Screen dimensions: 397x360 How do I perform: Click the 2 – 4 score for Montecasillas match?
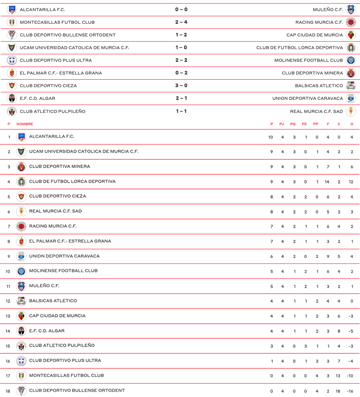(x=181, y=22)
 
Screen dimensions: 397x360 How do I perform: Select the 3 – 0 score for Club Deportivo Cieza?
(x=181, y=86)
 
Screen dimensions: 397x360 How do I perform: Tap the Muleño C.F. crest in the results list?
(x=350, y=10)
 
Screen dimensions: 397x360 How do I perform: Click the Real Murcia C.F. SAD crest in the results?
(x=350, y=111)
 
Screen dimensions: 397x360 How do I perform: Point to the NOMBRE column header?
(x=25, y=124)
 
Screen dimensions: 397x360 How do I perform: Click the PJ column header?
(x=282, y=124)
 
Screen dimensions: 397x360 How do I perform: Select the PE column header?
(x=304, y=124)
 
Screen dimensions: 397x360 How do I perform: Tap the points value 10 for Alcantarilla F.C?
(x=270, y=137)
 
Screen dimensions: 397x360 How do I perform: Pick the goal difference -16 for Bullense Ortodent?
(x=350, y=391)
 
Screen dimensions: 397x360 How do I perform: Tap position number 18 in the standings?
(x=8, y=391)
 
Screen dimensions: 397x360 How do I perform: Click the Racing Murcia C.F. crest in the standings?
(x=21, y=226)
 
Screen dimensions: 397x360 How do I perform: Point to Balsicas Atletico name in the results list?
(x=319, y=86)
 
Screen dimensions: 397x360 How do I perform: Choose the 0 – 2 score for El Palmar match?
(x=181, y=73)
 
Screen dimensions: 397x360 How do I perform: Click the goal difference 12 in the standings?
(x=351, y=182)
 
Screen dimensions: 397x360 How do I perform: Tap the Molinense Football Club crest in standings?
(x=21, y=271)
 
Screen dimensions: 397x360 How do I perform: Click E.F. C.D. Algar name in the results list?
(x=37, y=98)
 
